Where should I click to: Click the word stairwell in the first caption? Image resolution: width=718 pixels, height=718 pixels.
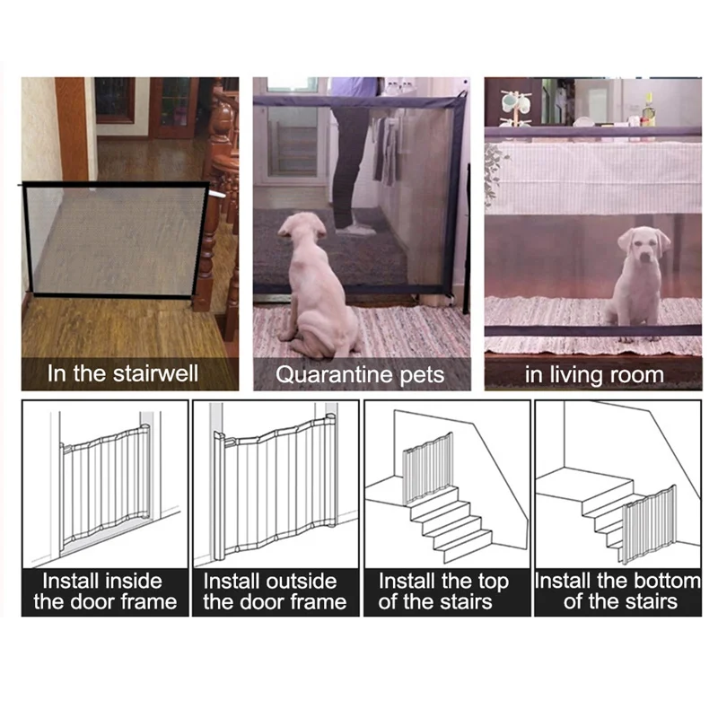click(x=154, y=372)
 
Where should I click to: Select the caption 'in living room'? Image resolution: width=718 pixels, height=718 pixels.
click(x=593, y=373)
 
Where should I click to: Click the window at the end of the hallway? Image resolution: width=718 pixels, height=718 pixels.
click(x=114, y=99)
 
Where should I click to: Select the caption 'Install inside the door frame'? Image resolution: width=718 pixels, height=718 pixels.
click(x=104, y=591)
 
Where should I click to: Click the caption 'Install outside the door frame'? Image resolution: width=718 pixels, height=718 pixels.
click(x=275, y=591)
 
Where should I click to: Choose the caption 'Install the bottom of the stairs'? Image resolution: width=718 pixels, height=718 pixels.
click(x=617, y=591)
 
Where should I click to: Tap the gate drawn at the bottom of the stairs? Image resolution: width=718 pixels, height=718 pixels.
click(x=648, y=524)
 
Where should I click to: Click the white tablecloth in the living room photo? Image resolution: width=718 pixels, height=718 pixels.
click(x=592, y=175)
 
